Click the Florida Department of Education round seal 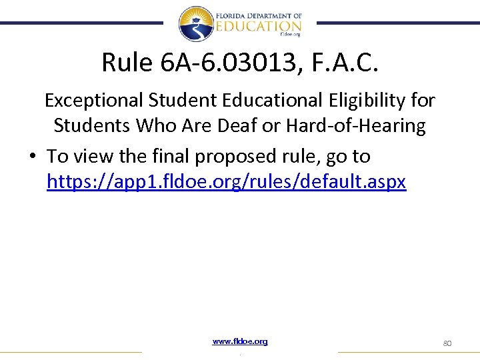[196, 24]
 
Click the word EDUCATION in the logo [259, 25]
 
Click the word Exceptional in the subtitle [94, 101]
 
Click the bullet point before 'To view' [32, 157]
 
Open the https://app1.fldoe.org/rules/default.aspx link [226, 181]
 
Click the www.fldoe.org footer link [240, 341]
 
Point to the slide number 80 [447, 343]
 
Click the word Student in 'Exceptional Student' [176, 101]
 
